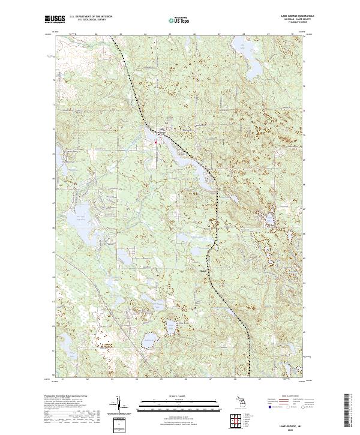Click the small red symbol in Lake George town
[157, 142]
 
